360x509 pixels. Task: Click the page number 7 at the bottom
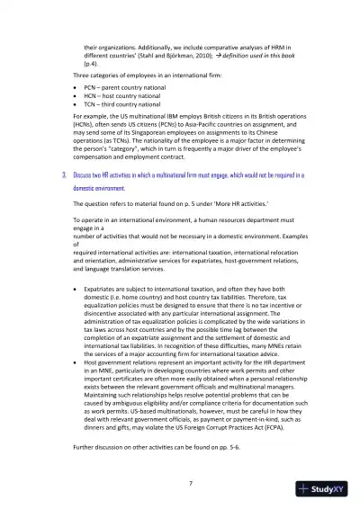point(180,484)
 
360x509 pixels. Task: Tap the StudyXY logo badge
point(324,489)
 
